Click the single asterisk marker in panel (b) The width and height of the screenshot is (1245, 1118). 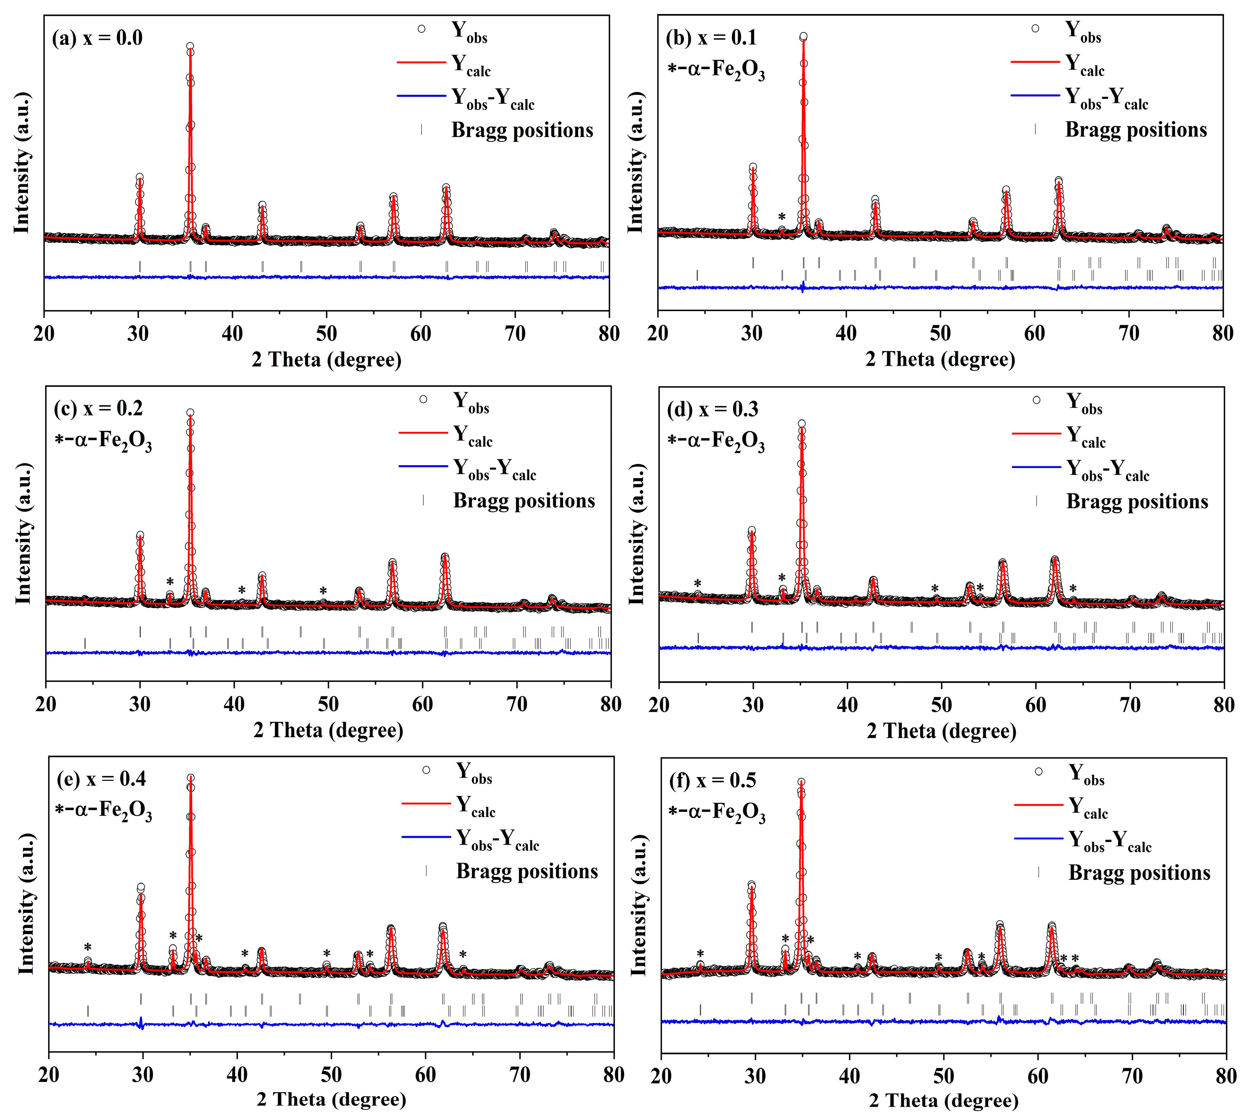point(781,217)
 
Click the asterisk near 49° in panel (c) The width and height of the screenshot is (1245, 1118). point(323,591)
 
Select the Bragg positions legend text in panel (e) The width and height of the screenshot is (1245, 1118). point(526,871)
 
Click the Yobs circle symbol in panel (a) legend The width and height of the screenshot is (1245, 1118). point(421,29)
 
